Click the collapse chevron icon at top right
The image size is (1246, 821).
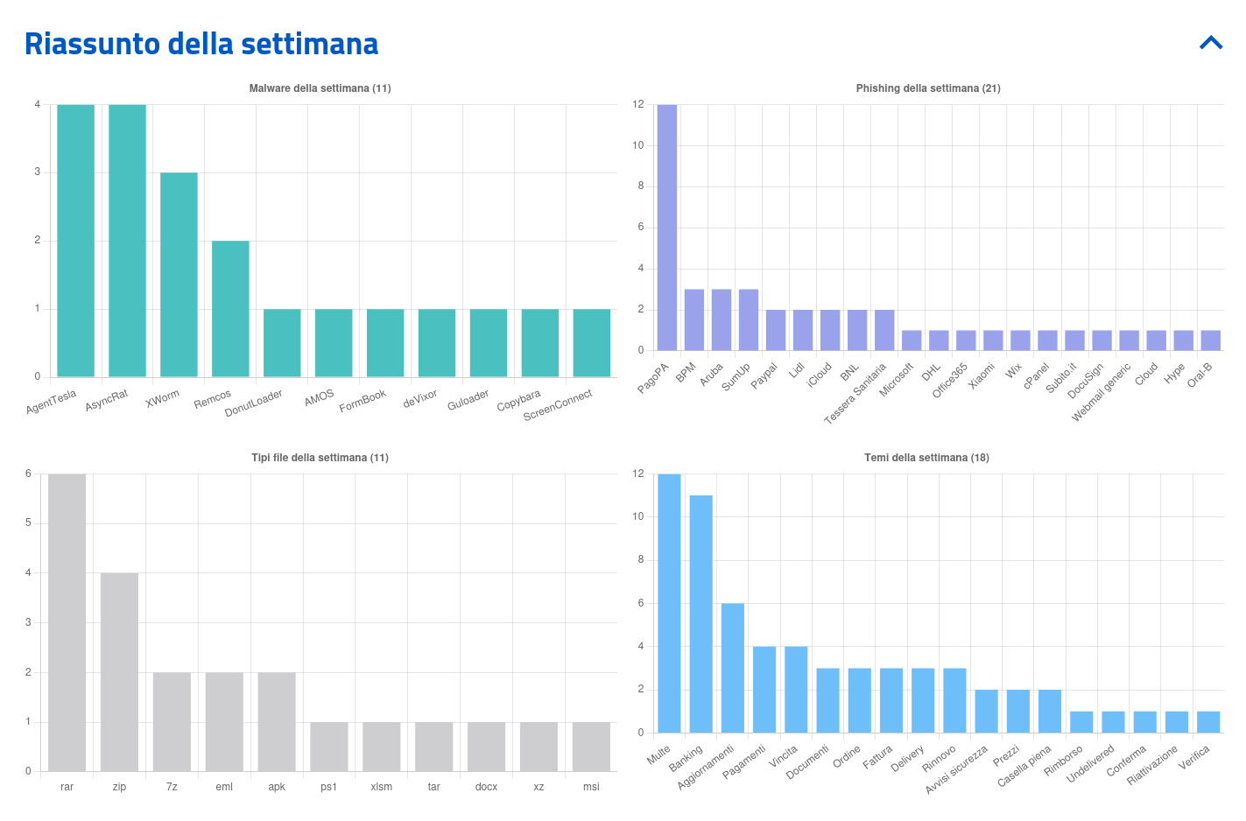coord(1211,43)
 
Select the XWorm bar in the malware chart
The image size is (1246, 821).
coord(179,275)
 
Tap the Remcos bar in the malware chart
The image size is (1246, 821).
coord(230,309)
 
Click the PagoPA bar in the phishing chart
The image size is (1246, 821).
coord(666,228)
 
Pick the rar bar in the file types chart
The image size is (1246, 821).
coord(67,622)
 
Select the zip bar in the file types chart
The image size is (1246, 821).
coord(119,672)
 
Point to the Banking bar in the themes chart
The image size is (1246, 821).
coord(700,614)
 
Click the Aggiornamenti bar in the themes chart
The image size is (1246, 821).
coord(733,668)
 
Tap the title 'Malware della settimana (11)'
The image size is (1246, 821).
coord(320,88)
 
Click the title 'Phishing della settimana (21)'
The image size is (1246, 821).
coord(928,88)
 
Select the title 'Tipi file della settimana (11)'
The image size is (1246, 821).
coord(320,458)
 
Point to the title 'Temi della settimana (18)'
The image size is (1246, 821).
coord(926,458)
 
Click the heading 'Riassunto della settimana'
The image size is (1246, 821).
coord(201,44)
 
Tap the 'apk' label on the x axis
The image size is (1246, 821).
coord(277,787)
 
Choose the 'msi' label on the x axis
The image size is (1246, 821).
coord(591,787)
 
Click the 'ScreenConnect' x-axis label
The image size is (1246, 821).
coord(558,405)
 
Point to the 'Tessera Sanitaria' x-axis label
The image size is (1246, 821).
coord(855,394)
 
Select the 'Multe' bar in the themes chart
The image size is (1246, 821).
coord(669,603)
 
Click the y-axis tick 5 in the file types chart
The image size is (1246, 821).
coord(28,523)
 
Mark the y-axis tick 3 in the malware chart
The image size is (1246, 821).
coord(37,172)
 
